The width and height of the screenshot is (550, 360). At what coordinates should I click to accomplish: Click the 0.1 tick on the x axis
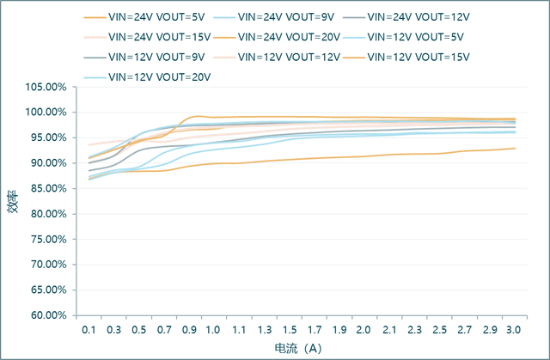click(89, 330)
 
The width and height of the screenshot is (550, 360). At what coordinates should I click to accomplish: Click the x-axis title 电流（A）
click(298, 348)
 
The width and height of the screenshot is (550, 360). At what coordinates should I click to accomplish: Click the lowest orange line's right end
click(515, 149)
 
